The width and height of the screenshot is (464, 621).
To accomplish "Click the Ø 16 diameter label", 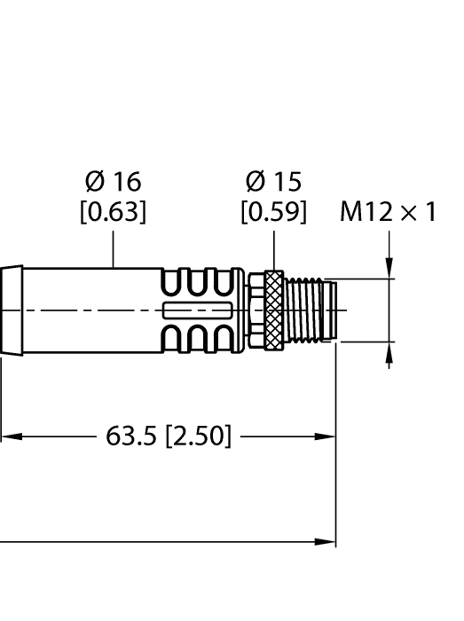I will click(113, 182).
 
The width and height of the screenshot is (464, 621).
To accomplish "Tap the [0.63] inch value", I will click(113, 213).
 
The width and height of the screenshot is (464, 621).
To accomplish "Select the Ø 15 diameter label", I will click(273, 182).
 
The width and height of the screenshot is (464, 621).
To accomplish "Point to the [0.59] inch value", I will click(273, 213).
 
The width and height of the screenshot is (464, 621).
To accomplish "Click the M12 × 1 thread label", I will click(389, 213).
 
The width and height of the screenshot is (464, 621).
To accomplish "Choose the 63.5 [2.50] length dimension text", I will click(169, 436).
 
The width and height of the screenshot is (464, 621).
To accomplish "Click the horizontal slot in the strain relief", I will click(197, 310).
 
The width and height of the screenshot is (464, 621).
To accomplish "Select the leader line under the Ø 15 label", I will click(273, 248).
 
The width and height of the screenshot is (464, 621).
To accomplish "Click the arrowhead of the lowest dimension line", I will click(328, 541).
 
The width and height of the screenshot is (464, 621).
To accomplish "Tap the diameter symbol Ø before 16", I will click(94, 182).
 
